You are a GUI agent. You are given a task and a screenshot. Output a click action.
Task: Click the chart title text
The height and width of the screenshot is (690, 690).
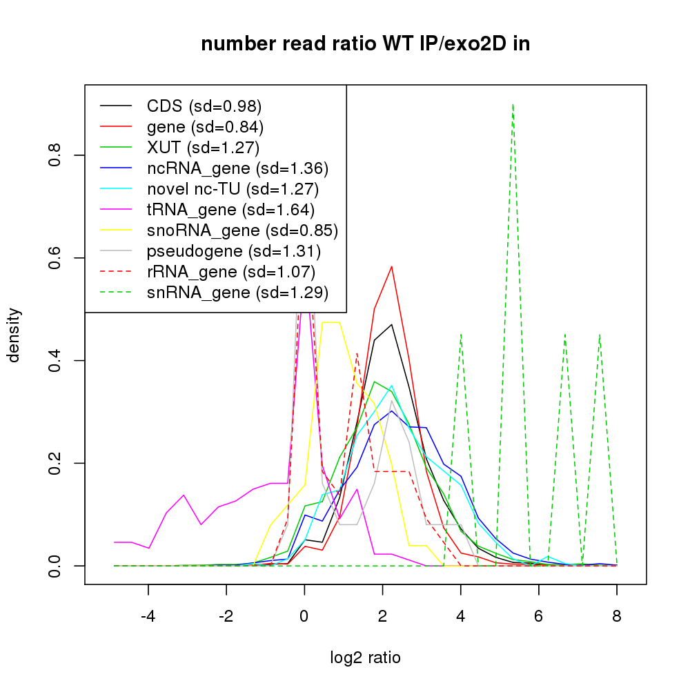[x=365, y=44]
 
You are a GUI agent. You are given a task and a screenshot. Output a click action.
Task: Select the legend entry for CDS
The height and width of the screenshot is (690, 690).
[x=204, y=106]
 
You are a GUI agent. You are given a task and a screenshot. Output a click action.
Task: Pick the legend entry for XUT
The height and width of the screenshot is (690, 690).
[x=203, y=148]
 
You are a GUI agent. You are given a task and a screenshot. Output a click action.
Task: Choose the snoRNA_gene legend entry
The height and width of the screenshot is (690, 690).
[x=242, y=230]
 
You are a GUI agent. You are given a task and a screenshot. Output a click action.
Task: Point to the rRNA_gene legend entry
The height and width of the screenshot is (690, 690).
[x=231, y=272]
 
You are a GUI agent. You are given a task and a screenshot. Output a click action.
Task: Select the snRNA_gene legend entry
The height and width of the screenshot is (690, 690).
[x=237, y=293]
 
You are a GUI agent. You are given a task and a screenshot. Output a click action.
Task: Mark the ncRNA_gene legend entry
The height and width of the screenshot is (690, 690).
[x=237, y=168]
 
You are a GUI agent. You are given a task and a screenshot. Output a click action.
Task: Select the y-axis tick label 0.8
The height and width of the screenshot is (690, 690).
[x=55, y=155]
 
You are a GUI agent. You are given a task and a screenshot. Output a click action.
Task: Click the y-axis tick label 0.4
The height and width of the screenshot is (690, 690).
[x=55, y=361]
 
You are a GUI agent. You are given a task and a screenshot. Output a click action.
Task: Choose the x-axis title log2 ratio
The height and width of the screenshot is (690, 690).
[x=365, y=658]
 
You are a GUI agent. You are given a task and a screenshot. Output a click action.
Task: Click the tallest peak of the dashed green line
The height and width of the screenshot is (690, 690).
[x=513, y=104]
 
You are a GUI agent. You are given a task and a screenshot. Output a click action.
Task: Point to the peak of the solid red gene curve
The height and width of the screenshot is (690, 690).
[x=392, y=266]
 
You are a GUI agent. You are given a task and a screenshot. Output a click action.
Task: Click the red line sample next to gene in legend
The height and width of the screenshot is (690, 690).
[x=116, y=127]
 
